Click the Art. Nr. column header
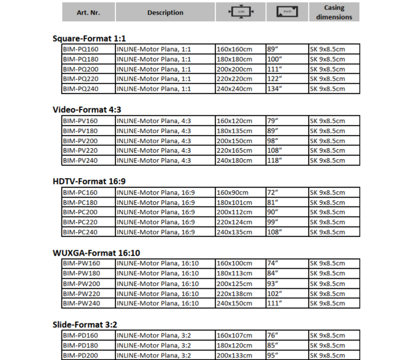click(88, 13)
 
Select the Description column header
click(165, 13)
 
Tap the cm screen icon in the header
click(241, 12)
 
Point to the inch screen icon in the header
click(286, 12)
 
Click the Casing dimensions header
click(334, 12)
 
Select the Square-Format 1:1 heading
click(89, 38)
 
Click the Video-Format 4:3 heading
click(87, 110)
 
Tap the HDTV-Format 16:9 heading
click(89, 181)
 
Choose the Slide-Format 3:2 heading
click(85, 324)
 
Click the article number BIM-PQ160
click(80, 49)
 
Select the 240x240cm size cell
click(234, 89)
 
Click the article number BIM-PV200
click(80, 141)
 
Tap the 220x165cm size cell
click(234, 150)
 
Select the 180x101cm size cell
click(234, 202)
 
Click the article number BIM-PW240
click(81, 303)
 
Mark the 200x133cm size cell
click(234, 356)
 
